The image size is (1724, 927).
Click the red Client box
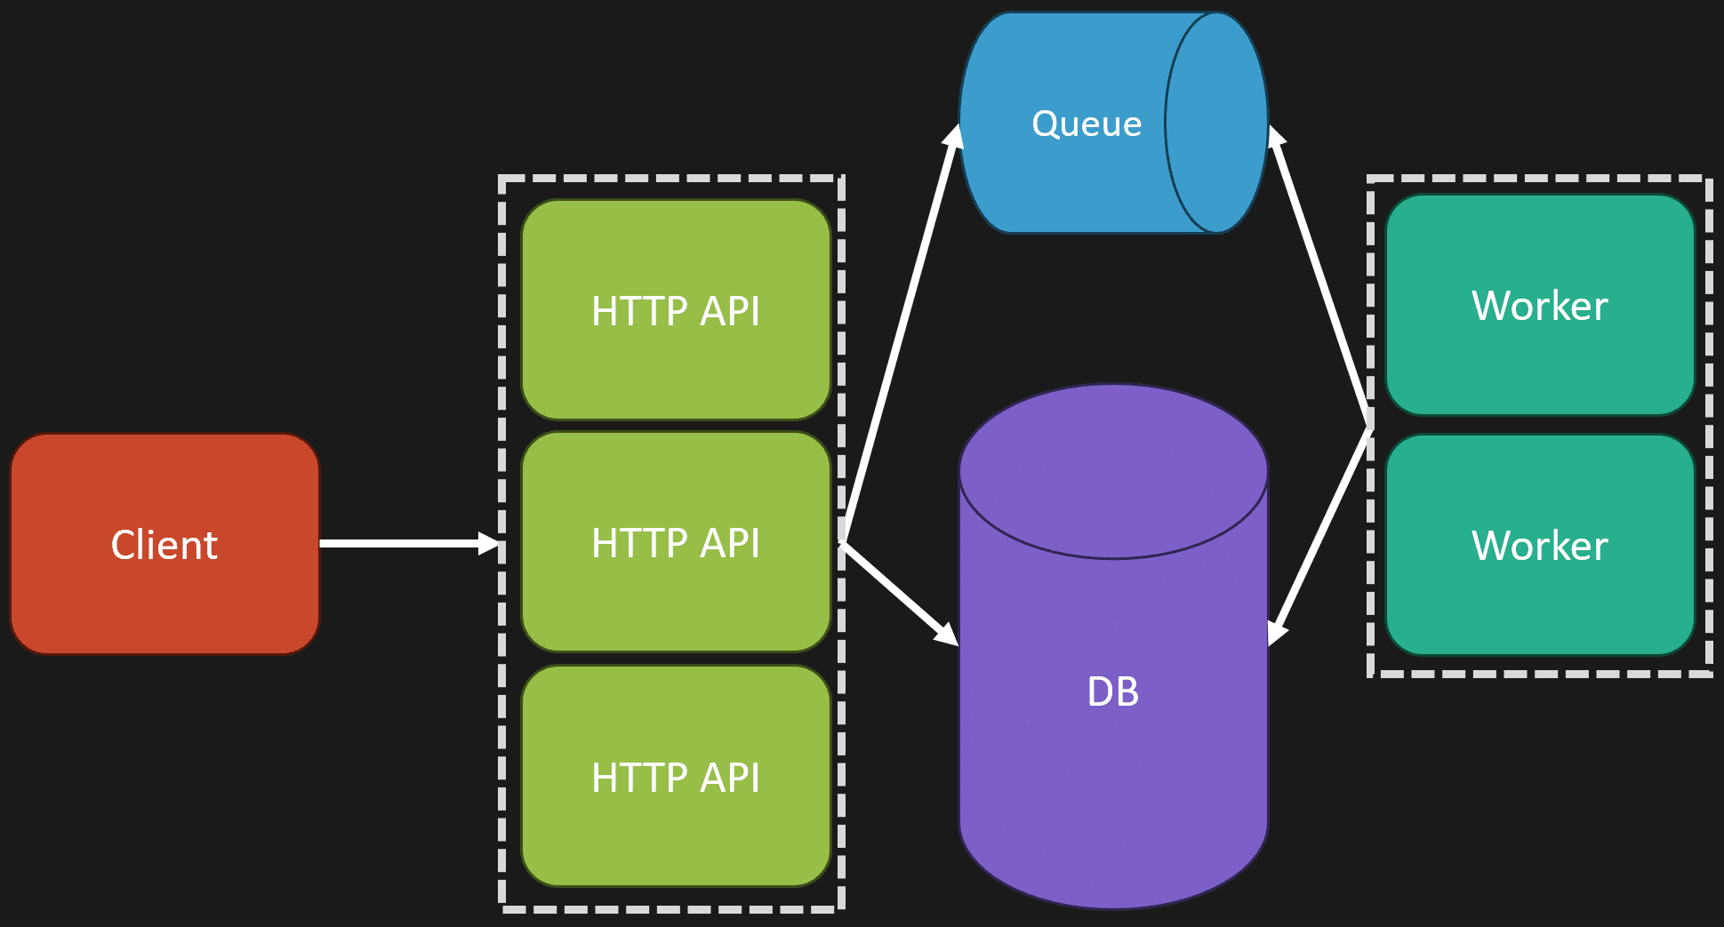click(x=164, y=544)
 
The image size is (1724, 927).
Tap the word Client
click(x=164, y=545)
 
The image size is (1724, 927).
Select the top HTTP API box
click(x=676, y=309)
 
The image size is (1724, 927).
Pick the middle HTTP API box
click(x=676, y=542)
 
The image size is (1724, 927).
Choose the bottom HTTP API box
click(x=676, y=776)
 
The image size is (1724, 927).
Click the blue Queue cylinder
click(x=1113, y=123)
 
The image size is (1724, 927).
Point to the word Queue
click(x=1087, y=124)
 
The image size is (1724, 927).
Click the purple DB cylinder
click(x=1113, y=646)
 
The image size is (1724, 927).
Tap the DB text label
click(x=1113, y=691)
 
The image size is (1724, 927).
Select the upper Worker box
click(x=1540, y=305)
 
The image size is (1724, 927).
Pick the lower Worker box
click(x=1540, y=545)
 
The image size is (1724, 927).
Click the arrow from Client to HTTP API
click(x=410, y=543)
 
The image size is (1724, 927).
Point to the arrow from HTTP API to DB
click(x=899, y=593)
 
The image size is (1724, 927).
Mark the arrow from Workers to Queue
click(x=1319, y=276)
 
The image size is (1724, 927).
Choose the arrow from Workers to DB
click(x=1319, y=537)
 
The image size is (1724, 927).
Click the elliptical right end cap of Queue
click(x=1216, y=123)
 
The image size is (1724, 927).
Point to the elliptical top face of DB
click(x=1113, y=471)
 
